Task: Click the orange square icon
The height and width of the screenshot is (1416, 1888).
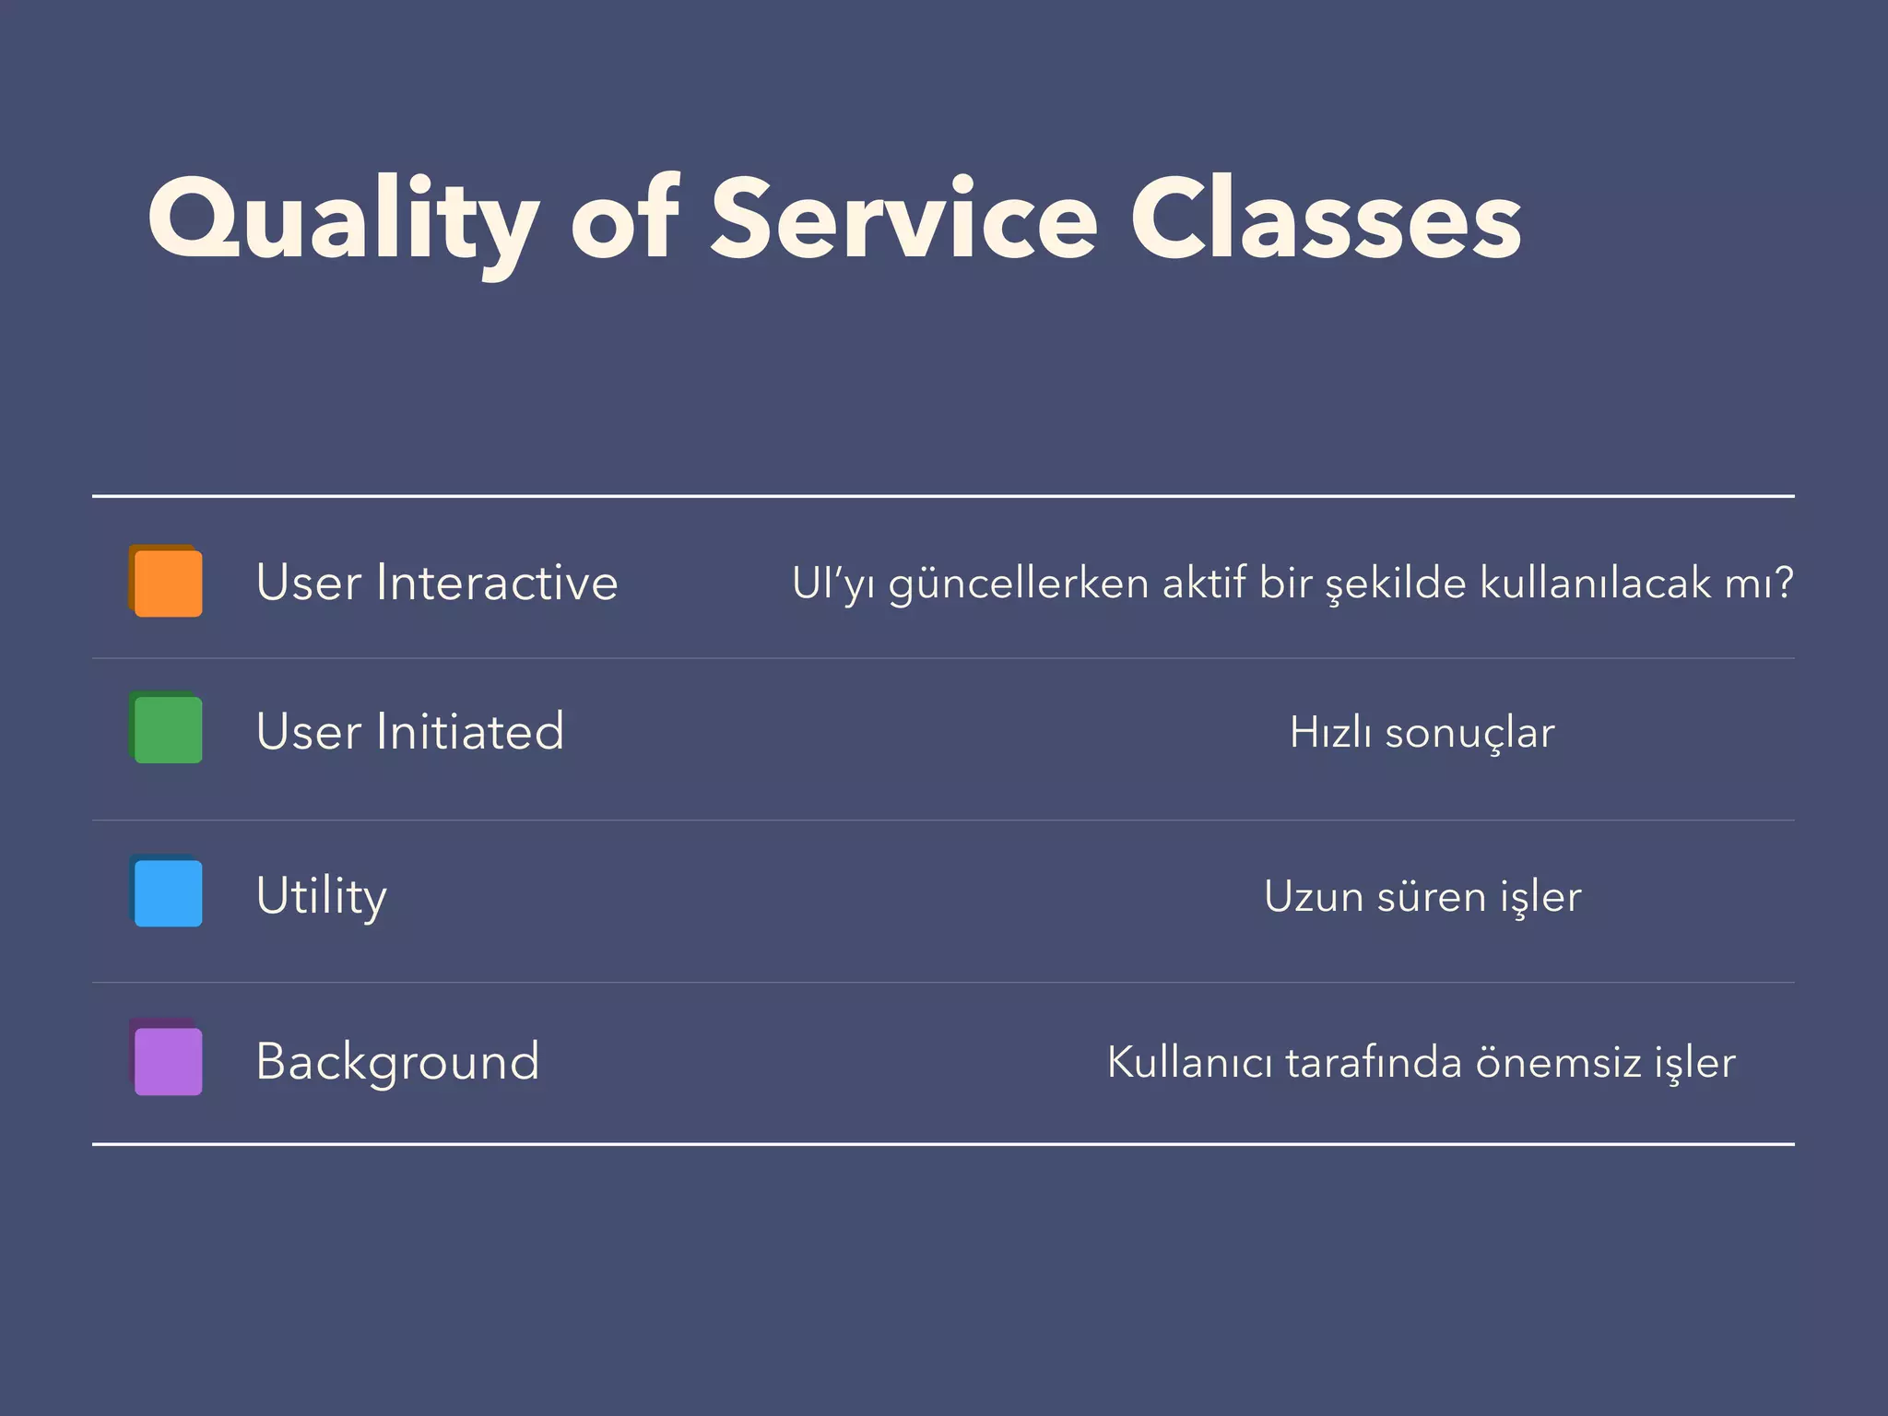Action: (168, 583)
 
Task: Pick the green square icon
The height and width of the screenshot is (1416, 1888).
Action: (168, 729)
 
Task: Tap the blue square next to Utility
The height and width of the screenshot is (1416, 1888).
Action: (168, 892)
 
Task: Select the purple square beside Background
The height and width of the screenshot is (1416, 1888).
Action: (168, 1060)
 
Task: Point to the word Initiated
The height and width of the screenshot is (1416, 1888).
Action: (469, 732)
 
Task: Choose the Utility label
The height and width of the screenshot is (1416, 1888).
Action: (321, 896)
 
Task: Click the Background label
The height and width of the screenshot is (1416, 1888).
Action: (397, 1062)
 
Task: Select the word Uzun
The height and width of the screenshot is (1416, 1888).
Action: (1313, 896)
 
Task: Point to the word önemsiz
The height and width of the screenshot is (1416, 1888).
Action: (1558, 1062)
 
